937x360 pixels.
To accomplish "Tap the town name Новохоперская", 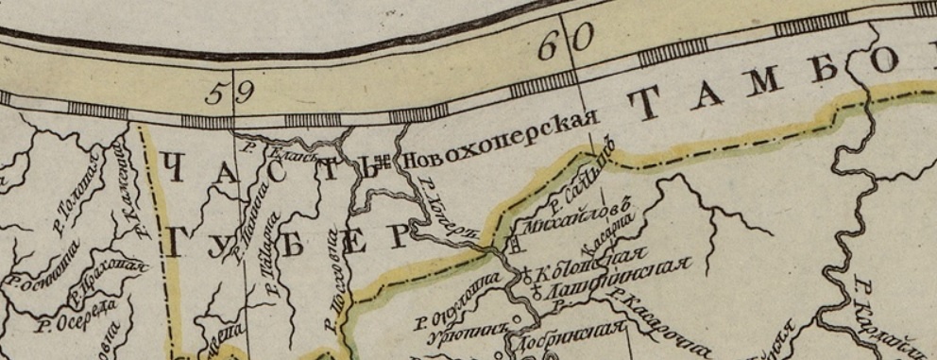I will click(502, 142).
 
